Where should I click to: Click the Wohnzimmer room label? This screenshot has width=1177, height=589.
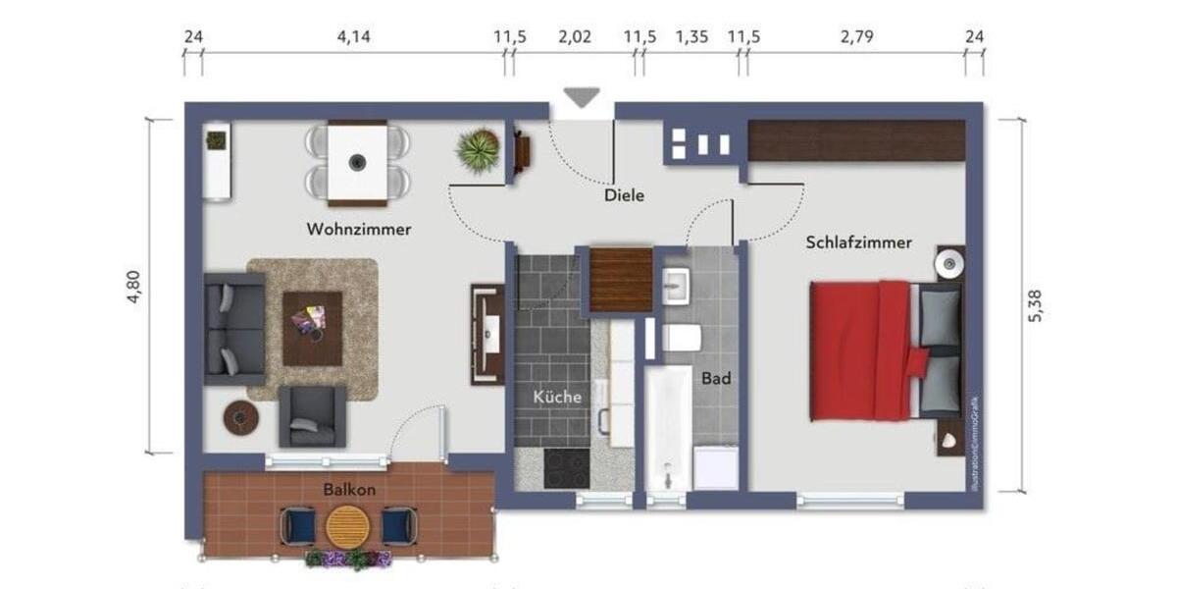(x=359, y=230)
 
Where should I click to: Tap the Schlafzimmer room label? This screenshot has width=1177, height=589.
(x=859, y=242)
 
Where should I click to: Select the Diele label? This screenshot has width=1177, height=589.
(x=625, y=195)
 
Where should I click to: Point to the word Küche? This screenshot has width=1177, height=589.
(x=557, y=398)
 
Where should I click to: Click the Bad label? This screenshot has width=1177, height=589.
(x=716, y=377)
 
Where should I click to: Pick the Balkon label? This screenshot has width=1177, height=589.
(x=350, y=488)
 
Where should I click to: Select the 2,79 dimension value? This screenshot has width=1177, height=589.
(x=855, y=37)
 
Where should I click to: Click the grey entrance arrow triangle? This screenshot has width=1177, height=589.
(x=582, y=97)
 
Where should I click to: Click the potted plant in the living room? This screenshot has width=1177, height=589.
(x=479, y=151)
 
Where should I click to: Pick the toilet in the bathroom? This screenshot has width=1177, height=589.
(x=681, y=338)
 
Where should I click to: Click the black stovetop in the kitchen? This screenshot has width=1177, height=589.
(x=566, y=468)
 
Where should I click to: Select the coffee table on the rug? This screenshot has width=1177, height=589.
(x=313, y=327)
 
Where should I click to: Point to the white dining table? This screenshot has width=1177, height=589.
(x=357, y=160)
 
